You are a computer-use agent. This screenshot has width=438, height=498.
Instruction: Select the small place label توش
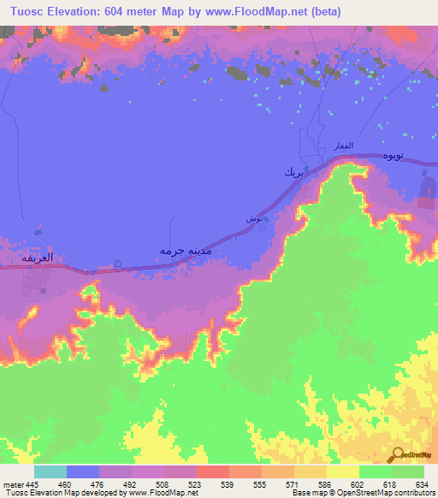coord(254,220)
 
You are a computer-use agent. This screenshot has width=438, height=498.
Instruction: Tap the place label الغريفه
coord(38,258)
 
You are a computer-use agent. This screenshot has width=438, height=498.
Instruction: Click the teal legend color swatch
coord(50,472)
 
